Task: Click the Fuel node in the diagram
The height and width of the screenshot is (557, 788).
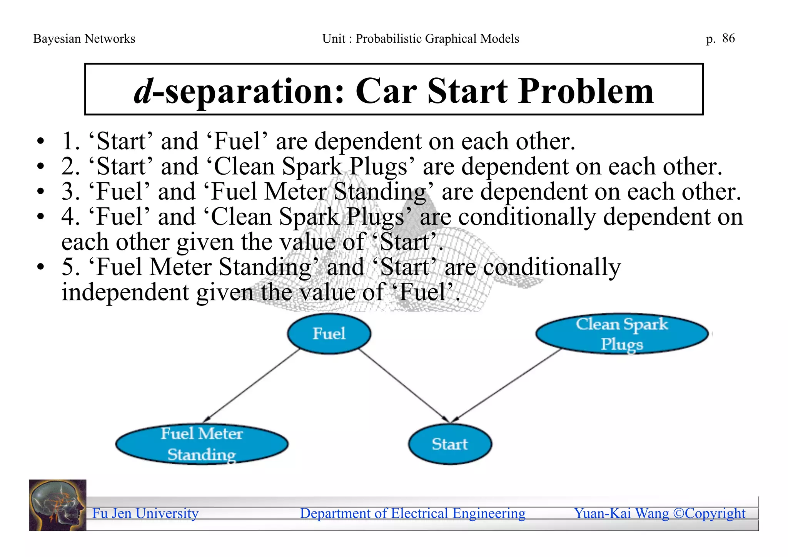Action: point(329,334)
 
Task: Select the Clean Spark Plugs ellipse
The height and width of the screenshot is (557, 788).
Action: point(621,334)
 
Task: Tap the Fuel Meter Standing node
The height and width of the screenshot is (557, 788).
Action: point(202,444)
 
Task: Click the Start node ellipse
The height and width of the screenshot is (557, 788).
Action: point(449,444)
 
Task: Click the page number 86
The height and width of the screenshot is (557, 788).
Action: point(728,38)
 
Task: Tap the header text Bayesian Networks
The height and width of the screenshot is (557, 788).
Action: point(84,39)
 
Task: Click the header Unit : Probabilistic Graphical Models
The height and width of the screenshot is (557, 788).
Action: point(421,39)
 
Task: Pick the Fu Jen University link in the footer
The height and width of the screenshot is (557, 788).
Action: point(145,514)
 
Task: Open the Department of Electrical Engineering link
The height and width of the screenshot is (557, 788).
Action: point(412,514)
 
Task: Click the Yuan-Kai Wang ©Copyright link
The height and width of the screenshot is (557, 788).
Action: point(659,514)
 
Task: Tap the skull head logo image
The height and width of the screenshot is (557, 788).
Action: point(58,505)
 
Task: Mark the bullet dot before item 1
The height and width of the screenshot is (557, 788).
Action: point(40,142)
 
